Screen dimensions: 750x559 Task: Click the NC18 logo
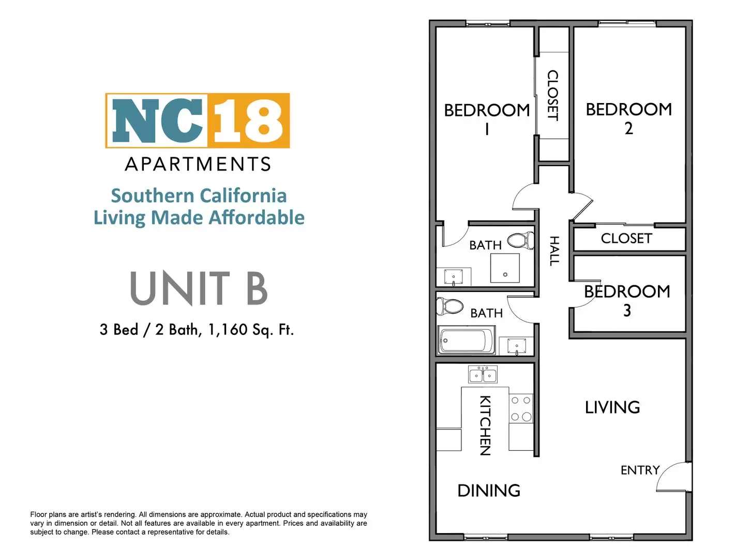tap(198, 121)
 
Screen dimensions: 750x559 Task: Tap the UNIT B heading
tap(199, 288)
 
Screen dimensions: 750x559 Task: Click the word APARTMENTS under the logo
tap(198, 164)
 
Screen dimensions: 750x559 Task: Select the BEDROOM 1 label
tap(487, 119)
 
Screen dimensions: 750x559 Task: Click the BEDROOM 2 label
tap(628, 119)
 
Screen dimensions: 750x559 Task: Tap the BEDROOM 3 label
tap(627, 301)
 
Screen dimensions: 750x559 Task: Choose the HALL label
tap(554, 251)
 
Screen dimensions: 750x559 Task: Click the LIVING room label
tap(612, 407)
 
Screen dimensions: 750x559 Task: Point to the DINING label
tap(489, 491)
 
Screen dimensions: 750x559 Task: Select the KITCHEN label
tap(485, 425)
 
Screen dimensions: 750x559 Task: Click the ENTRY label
tap(640, 470)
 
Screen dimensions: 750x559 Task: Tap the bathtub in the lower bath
tap(466, 341)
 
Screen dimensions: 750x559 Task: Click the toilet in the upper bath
tap(521, 240)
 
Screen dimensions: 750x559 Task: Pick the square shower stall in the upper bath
tap(505, 268)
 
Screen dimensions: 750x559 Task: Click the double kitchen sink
tap(483, 374)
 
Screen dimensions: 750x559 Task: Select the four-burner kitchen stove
tap(521, 408)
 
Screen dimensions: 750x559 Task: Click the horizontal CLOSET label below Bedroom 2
tap(626, 239)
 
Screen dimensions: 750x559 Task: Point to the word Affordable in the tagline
tap(257, 217)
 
